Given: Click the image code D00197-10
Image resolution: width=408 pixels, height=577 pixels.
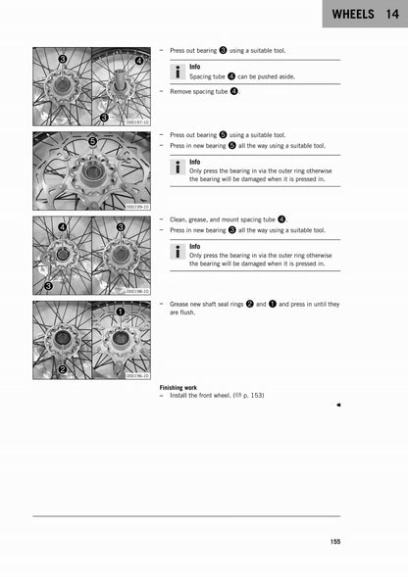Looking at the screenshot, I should (x=138, y=122).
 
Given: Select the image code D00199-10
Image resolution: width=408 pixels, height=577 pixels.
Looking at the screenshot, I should (x=138, y=207).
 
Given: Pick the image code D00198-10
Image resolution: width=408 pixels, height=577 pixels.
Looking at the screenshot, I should (x=138, y=291).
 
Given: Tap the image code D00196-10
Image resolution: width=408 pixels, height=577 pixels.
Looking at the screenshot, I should (x=138, y=375).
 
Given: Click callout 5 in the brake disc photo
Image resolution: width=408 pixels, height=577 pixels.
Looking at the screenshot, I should (x=92, y=142).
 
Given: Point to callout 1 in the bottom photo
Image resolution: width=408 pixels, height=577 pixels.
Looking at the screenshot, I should (x=121, y=312).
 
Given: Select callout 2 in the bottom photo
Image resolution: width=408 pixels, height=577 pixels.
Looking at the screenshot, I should (x=63, y=369).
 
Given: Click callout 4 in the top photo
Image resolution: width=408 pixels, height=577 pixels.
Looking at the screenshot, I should (x=138, y=60).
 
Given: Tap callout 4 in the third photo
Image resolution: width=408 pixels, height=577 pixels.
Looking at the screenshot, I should (x=63, y=226).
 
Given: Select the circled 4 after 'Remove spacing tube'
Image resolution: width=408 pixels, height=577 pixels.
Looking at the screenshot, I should (x=233, y=91).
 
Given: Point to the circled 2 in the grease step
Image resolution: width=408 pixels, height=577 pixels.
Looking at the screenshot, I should (x=249, y=304).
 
